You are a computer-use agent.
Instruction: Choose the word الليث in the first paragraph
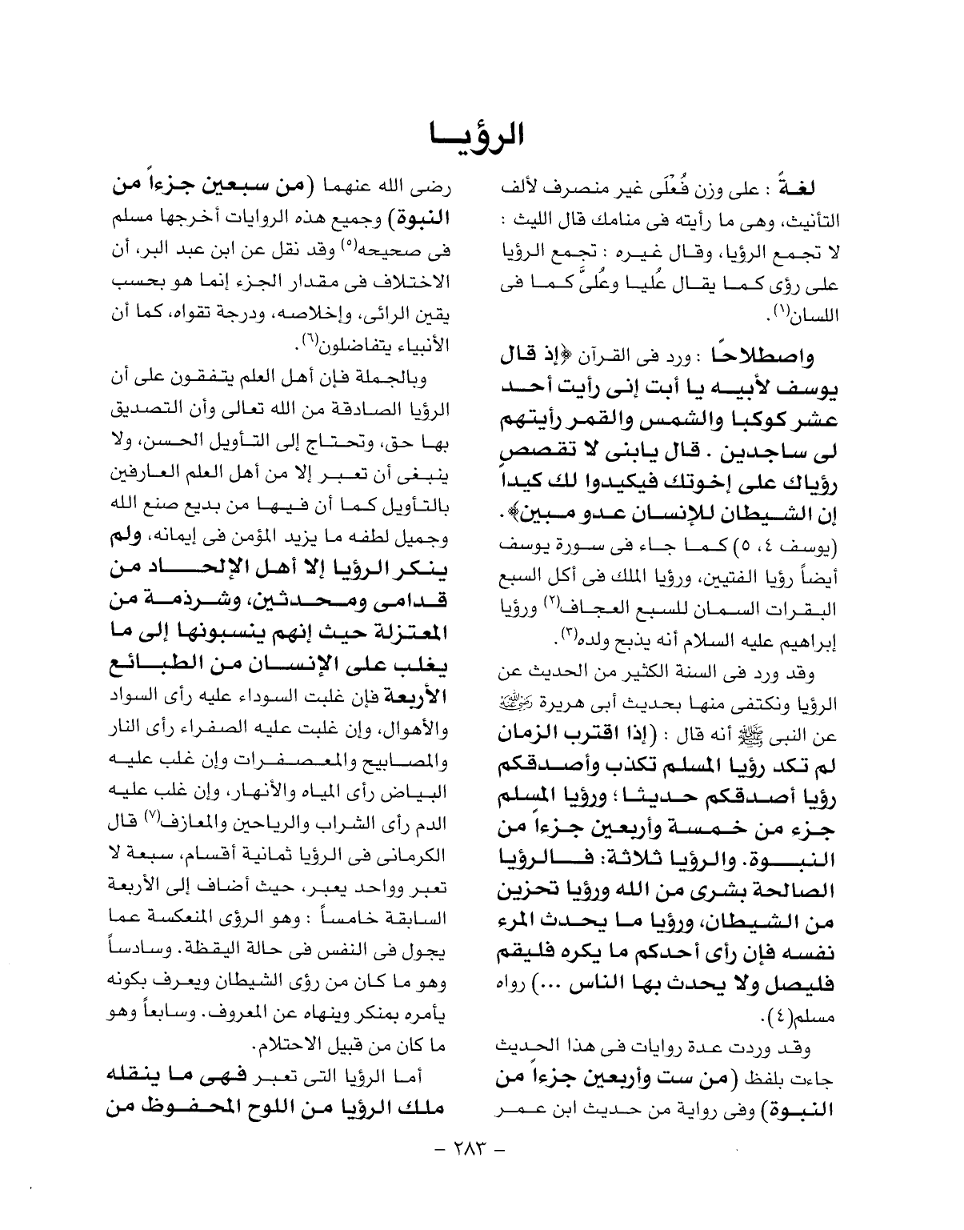click(x=539, y=218)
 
